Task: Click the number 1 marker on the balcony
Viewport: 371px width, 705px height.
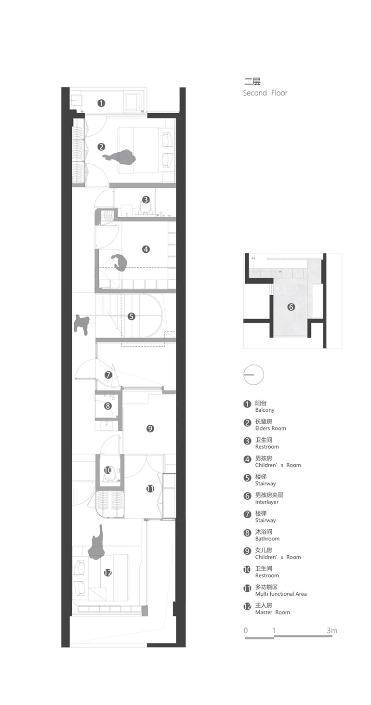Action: pyautogui.click(x=101, y=103)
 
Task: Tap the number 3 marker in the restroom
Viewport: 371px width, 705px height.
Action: pyautogui.click(x=146, y=199)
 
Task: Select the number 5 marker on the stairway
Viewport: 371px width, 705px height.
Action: pyautogui.click(x=132, y=316)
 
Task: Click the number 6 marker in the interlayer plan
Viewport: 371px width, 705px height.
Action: pyautogui.click(x=291, y=307)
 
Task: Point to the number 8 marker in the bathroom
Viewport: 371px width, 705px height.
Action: pyautogui.click(x=108, y=406)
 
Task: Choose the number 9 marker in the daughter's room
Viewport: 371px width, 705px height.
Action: pyautogui.click(x=150, y=429)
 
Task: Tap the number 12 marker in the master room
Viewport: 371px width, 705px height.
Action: pyautogui.click(x=108, y=573)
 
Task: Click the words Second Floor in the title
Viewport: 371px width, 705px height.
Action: pyautogui.click(x=265, y=93)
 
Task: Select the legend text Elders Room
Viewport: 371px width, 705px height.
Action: pyautogui.click(x=270, y=429)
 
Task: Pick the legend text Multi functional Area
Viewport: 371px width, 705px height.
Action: pyautogui.click(x=281, y=594)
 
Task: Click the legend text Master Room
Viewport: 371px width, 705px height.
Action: pyautogui.click(x=272, y=612)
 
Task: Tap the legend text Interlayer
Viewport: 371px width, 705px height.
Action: pyautogui.click(x=267, y=502)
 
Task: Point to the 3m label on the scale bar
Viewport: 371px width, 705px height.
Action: pyautogui.click(x=332, y=630)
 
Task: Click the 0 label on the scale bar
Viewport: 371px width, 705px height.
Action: pyautogui.click(x=246, y=630)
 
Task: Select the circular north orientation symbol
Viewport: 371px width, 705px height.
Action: pyautogui.click(x=253, y=375)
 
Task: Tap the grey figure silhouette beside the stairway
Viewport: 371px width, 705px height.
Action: pyautogui.click(x=81, y=325)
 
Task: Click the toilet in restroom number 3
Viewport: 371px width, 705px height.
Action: pyautogui.click(x=145, y=207)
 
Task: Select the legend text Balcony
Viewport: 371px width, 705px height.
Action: pyautogui.click(x=265, y=410)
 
